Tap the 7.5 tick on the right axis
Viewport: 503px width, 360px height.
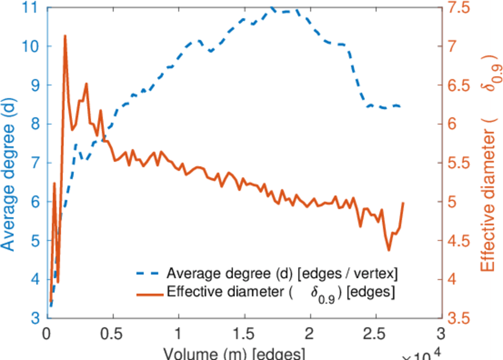coord(459,8)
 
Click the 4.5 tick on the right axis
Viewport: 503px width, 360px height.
coord(459,241)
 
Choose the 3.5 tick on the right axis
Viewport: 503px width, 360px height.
coord(459,318)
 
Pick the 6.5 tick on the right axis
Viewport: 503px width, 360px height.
coord(459,85)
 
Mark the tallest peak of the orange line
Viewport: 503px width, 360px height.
coord(65,36)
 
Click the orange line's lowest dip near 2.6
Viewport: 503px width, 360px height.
coord(389,250)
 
